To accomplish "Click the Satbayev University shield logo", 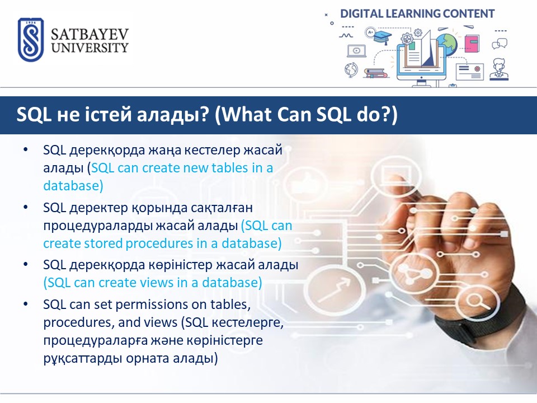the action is pyautogui.click(x=30, y=40).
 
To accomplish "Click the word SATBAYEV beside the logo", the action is pyautogui.click(x=89, y=35).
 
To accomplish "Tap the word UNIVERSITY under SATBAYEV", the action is pyautogui.click(x=89, y=47).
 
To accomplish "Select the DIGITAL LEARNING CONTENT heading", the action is pyautogui.click(x=417, y=13).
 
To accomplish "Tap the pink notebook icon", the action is pyautogui.click(x=472, y=44).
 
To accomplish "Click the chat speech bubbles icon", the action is pyautogui.click(x=500, y=44).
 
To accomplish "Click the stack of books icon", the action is pyautogui.click(x=375, y=72).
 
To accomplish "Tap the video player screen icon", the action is pyautogui.click(x=356, y=51).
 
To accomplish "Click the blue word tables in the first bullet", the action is pyautogui.click(x=229, y=167).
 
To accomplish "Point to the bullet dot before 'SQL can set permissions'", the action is pyautogui.click(x=25, y=304).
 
